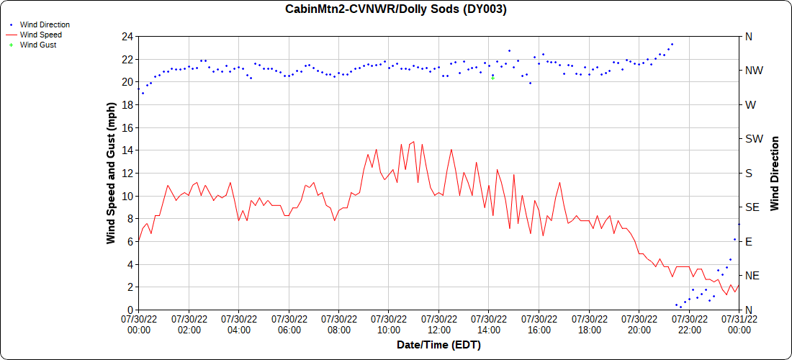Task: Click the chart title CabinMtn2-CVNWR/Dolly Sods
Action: click(x=395, y=9)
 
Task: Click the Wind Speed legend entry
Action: click(x=40, y=35)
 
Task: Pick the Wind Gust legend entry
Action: click(x=37, y=45)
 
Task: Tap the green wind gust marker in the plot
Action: click(x=492, y=78)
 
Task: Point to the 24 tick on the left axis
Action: click(x=127, y=36)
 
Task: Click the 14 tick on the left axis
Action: click(x=127, y=150)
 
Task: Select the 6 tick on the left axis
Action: click(x=130, y=241)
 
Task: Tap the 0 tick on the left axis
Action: click(x=130, y=310)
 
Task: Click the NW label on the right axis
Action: click(x=753, y=71)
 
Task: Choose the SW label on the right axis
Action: click(x=753, y=139)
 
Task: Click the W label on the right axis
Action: click(x=750, y=104)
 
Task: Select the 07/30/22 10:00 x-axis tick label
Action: click(x=389, y=324)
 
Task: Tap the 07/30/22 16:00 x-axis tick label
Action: click(x=539, y=324)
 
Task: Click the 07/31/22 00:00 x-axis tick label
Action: click(x=739, y=324)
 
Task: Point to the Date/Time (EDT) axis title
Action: click(x=438, y=345)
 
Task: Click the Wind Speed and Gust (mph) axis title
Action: click(x=111, y=173)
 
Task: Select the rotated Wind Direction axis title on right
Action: click(x=775, y=173)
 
